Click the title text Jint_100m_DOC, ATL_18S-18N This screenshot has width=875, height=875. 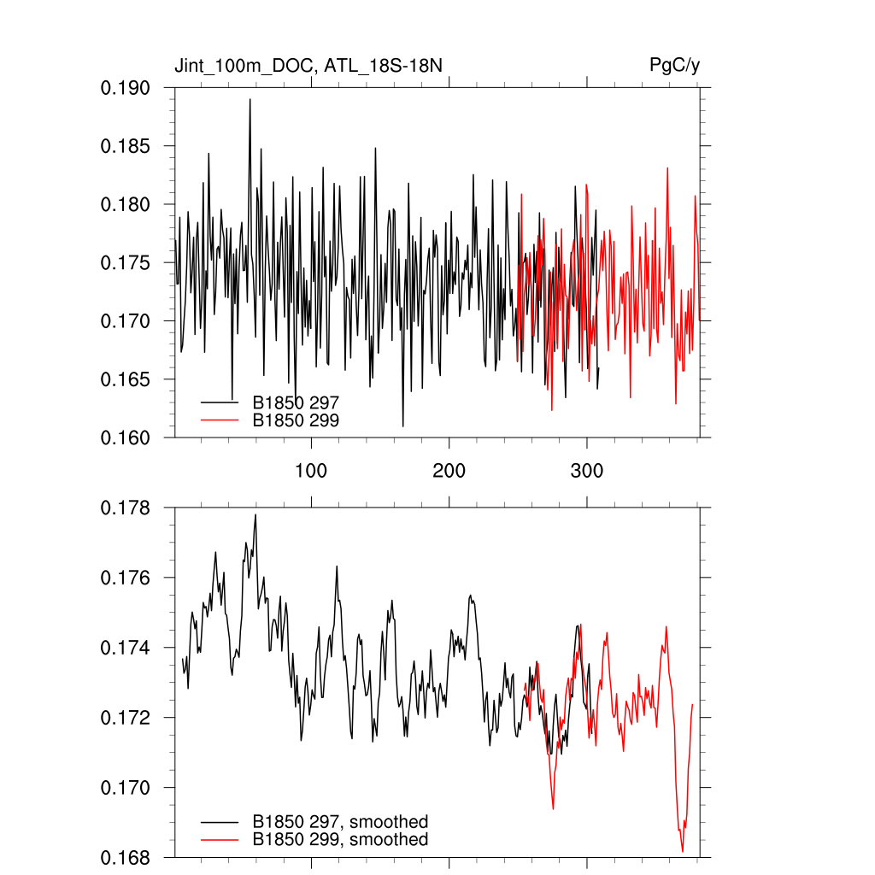pyautogui.click(x=308, y=66)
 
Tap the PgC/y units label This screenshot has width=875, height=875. pyautogui.click(x=675, y=66)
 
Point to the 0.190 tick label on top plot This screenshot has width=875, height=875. pyautogui.click(x=126, y=88)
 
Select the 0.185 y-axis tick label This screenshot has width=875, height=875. pyautogui.click(x=126, y=146)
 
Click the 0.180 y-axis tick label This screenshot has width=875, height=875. pyautogui.click(x=126, y=204)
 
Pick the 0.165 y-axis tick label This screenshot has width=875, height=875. pyautogui.click(x=126, y=379)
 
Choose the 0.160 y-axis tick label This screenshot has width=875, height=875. pyautogui.click(x=126, y=437)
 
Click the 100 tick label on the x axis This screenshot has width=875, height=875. pyautogui.click(x=311, y=471)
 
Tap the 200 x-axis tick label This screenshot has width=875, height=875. pyautogui.click(x=449, y=471)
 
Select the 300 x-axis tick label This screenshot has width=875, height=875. pyautogui.click(x=587, y=471)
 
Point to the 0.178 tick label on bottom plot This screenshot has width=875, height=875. pyautogui.click(x=126, y=508)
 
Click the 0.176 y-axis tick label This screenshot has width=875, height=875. pyautogui.click(x=126, y=578)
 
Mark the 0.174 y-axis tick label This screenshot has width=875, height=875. pyautogui.click(x=126, y=649)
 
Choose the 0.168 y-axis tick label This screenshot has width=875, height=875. pyautogui.click(x=126, y=857)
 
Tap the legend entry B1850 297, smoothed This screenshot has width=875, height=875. pyautogui.click(x=340, y=822)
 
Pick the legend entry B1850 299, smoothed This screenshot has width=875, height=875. pyautogui.click(x=340, y=840)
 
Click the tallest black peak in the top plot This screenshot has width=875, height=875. pyautogui.click(x=250, y=100)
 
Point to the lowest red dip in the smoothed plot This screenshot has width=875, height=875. pyautogui.click(x=683, y=851)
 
